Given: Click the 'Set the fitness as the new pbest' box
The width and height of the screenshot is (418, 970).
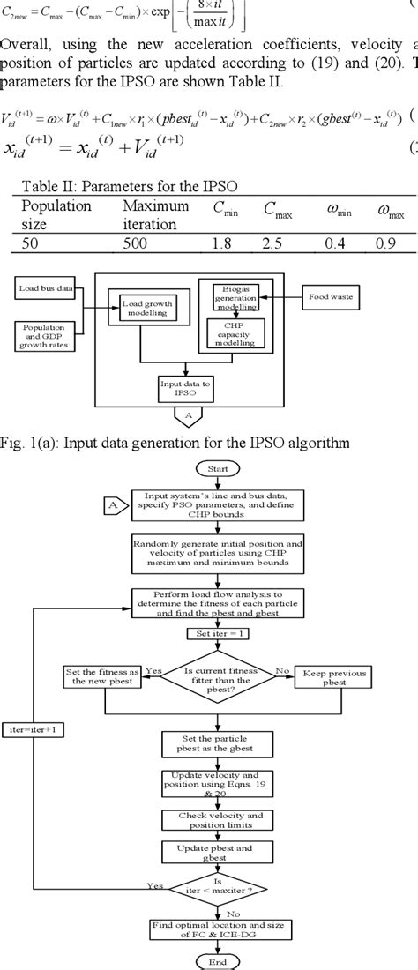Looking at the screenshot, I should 104,677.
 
